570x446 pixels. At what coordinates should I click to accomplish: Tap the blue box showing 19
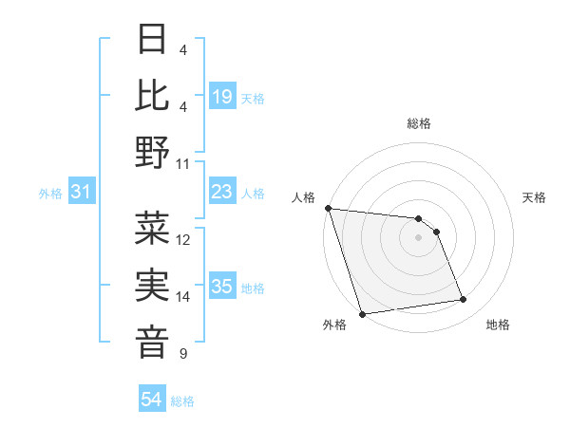point(222,97)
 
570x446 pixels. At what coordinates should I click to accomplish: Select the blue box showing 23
point(222,193)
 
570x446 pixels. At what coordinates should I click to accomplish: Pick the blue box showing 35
point(222,288)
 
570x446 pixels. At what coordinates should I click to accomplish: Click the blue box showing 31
point(82,193)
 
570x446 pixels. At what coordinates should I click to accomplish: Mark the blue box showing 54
point(152,400)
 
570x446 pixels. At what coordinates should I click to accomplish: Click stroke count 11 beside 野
point(184,163)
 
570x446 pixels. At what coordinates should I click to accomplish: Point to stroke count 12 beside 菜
point(184,240)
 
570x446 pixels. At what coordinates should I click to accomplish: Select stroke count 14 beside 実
point(184,297)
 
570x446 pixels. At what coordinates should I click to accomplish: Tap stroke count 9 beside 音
point(182,354)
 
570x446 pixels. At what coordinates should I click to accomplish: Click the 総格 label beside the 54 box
point(182,401)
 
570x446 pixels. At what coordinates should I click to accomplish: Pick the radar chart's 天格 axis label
point(535,197)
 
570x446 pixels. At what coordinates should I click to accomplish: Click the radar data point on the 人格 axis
point(328,208)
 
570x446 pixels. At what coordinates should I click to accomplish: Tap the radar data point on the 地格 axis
point(464,300)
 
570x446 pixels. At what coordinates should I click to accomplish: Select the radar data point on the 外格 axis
point(362,314)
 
